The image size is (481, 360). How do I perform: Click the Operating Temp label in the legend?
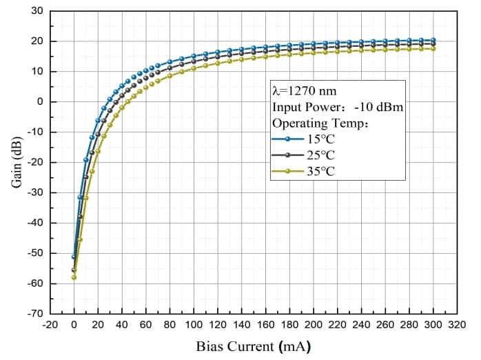coord(320,123)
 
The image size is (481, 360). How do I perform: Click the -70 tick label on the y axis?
coord(35,314)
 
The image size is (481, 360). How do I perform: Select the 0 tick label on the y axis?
coord(40,102)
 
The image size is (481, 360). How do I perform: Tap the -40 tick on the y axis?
coord(35,223)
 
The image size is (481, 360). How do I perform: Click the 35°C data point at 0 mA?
coord(74,277)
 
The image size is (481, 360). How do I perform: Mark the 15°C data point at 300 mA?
coord(433,40)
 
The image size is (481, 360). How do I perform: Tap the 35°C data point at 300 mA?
coord(433,48)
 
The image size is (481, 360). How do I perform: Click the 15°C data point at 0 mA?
coord(74,257)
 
